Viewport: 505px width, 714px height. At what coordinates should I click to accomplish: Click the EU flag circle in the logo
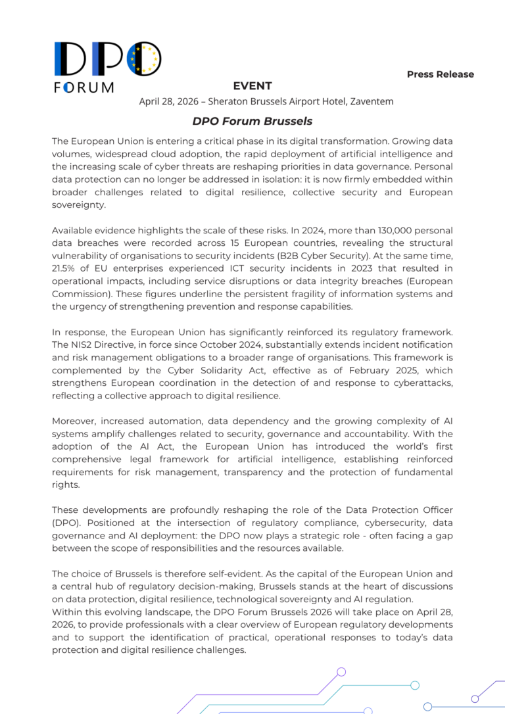pos(144,59)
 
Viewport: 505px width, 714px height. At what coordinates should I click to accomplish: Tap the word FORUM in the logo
pos(84,87)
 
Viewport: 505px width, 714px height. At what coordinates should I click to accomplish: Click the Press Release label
pos(440,74)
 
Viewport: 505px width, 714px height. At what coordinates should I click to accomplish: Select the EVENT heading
pos(252,86)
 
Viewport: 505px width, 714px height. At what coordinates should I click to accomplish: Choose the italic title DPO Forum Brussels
pos(252,122)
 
